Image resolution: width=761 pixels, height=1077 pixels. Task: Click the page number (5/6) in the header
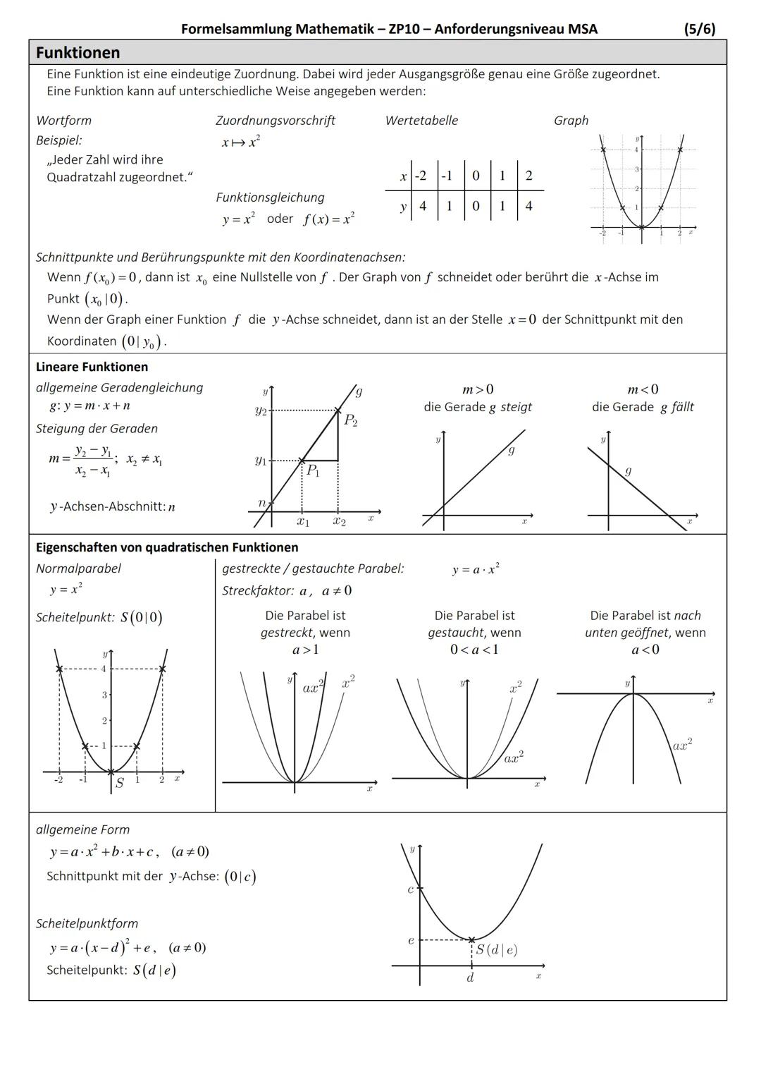coord(699,29)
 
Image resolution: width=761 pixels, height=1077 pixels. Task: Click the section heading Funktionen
coord(78,53)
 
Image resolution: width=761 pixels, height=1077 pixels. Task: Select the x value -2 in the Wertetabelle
coord(421,176)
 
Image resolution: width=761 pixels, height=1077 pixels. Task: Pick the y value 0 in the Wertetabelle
coord(476,206)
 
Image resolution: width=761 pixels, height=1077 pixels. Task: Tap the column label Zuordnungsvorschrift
coord(275,121)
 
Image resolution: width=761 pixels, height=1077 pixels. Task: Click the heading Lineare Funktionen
coord(92,367)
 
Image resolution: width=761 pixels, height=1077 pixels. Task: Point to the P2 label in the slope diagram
coord(350,421)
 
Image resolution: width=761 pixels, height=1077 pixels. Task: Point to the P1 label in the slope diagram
coord(312,470)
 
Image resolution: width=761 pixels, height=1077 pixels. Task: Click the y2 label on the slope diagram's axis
coord(261,410)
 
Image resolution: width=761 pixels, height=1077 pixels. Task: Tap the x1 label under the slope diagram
coord(302,521)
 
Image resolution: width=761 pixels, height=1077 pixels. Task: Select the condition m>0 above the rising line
coord(478,389)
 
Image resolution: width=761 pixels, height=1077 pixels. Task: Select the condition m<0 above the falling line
coord(643,389)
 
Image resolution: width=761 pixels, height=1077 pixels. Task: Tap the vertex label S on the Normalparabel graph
coord(119,783)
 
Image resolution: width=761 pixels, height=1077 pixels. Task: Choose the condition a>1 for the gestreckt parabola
coord(305,650)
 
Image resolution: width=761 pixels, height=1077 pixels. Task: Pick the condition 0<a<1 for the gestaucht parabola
coord(474,650)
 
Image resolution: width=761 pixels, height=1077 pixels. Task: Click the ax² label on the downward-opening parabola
coord(682,744)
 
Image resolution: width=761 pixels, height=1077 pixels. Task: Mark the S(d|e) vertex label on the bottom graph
coord(496,949)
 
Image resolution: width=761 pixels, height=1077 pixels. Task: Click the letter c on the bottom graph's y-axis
coord(410,889)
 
